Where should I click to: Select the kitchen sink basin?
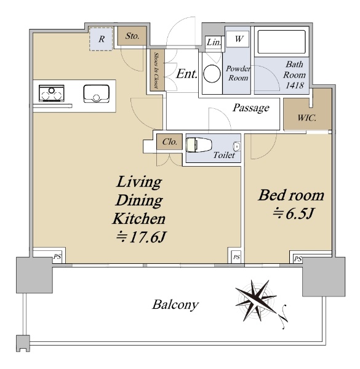[x=97, y=93]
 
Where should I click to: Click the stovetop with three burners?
[x=52, y=93]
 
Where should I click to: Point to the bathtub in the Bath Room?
[x=281, y=42]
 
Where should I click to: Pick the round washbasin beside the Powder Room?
[x=212, y=74]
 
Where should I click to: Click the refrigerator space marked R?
[x=102, y=39]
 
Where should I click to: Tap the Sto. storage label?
[x=132, y=36]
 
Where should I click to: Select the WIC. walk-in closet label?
[x=306, y=117]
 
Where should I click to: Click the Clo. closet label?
[x=169, y=141]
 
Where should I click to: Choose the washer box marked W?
[x=239, y=39]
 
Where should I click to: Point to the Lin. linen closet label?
[x=214, y=42]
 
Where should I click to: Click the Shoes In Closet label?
[x=156, y=70]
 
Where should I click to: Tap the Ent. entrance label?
[x=186, y=74]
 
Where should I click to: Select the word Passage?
[x=250, y=108]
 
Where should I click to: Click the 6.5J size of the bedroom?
[x=294, y=213]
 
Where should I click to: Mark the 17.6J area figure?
[x=142, y=237]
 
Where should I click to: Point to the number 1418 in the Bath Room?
[x=294, y=85]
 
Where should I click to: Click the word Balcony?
[x=175, y=305]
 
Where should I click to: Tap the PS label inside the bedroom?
[x=298, y=259]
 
